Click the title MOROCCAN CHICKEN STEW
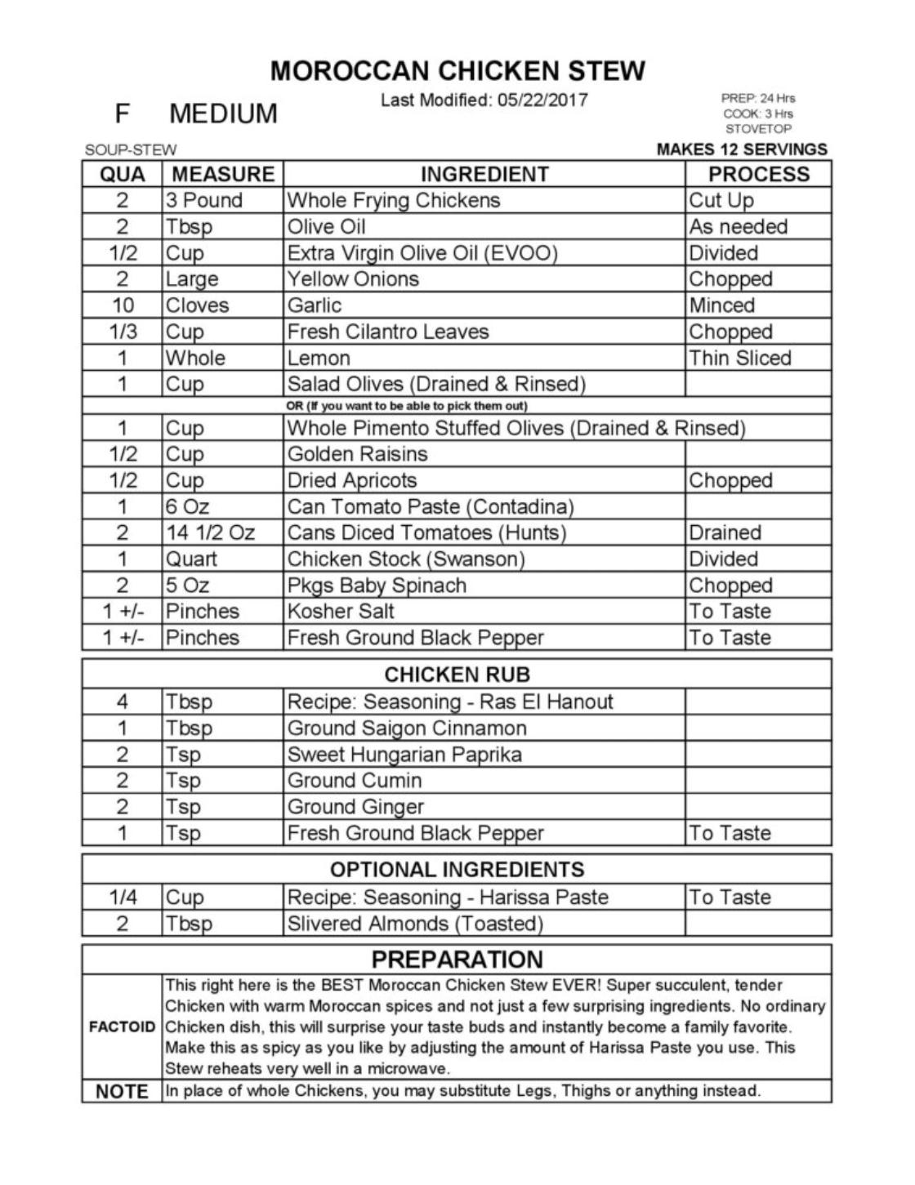coord(457,71)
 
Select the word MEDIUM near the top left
coord(223,114)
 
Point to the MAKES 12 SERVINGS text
coord(741,149)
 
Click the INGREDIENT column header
coord(484,174)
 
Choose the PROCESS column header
coord(758,174)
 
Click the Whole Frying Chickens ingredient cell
coord(393,200)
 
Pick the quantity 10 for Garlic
coord(123,305)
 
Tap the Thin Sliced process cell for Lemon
coord(739,358)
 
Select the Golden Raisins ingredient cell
coord(357,454)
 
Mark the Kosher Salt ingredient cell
coord(341,612)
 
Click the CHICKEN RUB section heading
coord(457,675)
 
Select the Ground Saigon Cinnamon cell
coord(407,728)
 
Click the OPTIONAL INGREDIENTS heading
coord(457,869)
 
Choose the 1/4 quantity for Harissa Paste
coord(123,898)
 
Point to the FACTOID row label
coord(122,1027)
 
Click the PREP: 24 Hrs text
coord(757,98)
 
